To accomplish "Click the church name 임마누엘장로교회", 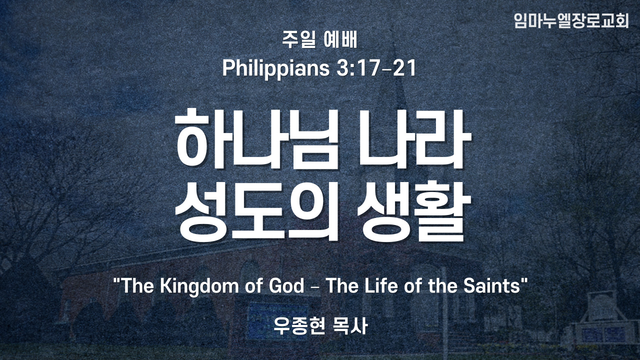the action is (x=571, y=20).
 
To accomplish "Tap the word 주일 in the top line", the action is (x=299, y=40).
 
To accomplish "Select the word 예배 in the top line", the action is (x=340, y=40).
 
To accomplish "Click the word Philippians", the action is (x=275, y=69).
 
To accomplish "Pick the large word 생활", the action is (x=414, y=211).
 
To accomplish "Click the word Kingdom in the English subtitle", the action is (x=199, y=286).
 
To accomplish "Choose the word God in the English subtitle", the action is (x=286, y=285).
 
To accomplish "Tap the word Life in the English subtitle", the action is (x=381, y=285).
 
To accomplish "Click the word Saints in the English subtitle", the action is (x=491, y=285).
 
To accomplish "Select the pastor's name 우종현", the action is (x=299, y=325).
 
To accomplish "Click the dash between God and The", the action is (x=315, y=286).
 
